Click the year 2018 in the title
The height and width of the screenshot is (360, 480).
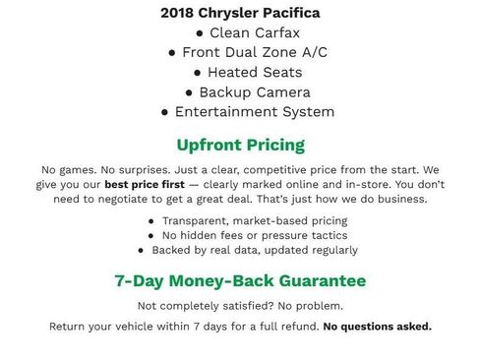(x=178, y=14)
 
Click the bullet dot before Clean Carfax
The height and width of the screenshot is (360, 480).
(x=201, y=33)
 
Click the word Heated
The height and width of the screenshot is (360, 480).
(x=237, y=72)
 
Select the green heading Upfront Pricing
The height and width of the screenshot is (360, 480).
(x=240, y=145)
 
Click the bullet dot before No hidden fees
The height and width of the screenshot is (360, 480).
(x=151, y=236)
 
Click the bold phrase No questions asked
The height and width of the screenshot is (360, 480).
(x=377, y=327)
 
